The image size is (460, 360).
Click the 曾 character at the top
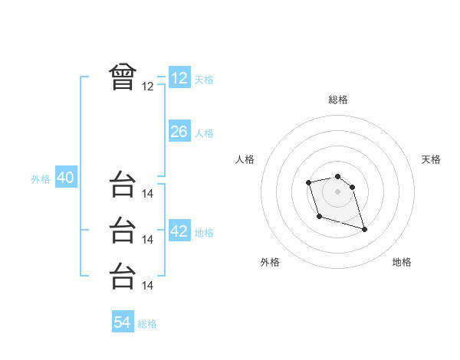click(123, 77)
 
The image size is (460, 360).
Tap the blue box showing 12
click(179, 78)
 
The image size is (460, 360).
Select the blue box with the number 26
click(179, 132)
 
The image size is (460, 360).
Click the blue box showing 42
click(179, 231)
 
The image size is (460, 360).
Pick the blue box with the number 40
click(65, 178)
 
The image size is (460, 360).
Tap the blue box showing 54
click(123, 322)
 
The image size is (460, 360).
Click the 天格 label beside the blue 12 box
click(204, 80)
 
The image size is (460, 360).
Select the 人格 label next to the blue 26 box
click(204, 133)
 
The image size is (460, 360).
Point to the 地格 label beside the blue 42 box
click(204, 233)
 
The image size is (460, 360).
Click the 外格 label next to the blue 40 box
click(41, 179)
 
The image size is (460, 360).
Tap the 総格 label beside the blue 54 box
click(147, 324)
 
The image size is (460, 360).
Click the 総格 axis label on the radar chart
click(338, 100)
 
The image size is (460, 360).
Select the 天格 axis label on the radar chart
click(432, 159)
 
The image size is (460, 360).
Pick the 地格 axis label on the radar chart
click(402, 262)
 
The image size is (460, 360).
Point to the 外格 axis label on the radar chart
click(270, 262)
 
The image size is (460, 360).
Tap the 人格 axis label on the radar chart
click(245, 159)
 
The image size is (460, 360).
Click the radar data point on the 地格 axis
click(364, 229)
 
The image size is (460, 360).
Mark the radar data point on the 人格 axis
click(308, 182)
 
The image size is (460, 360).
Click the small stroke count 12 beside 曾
click(148, 87)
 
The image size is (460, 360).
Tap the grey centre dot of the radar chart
click(338, 191)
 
